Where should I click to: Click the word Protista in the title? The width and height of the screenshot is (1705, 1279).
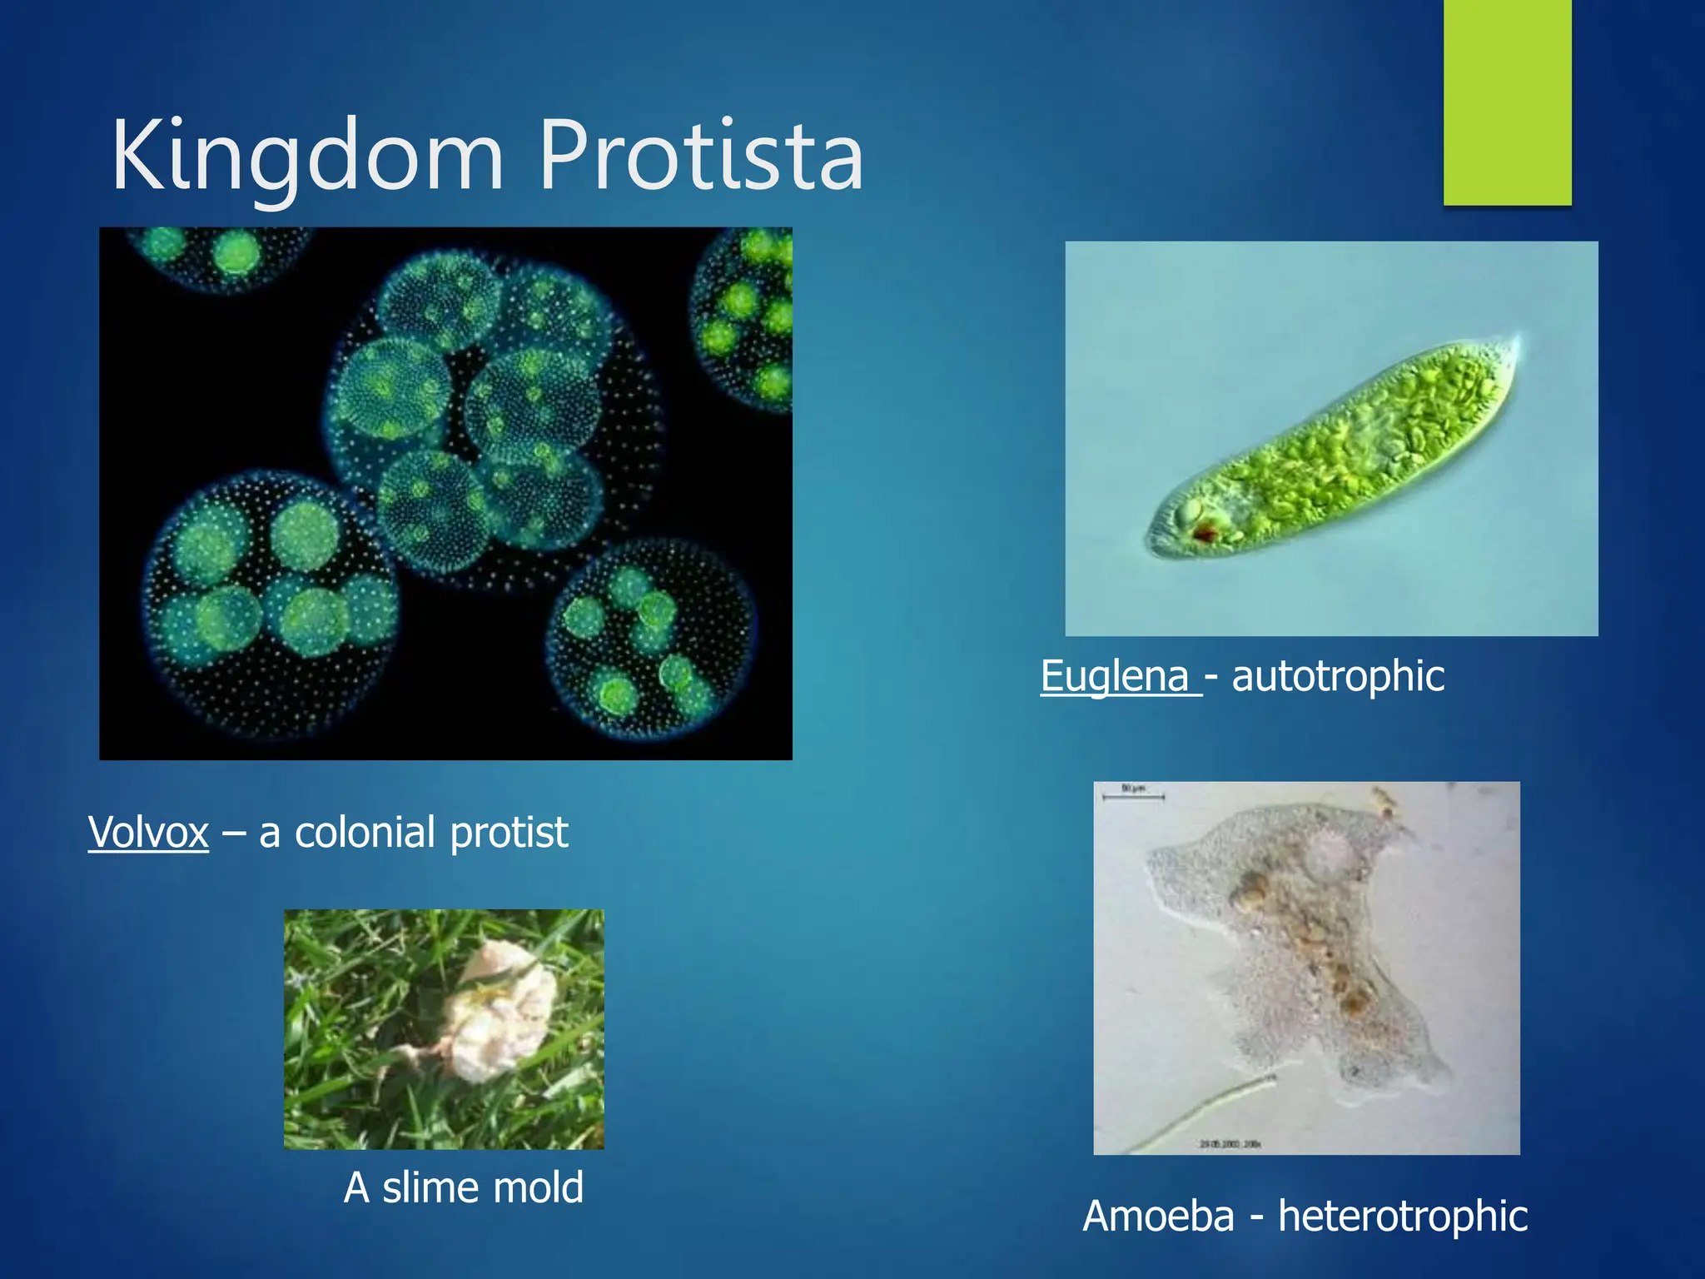701,157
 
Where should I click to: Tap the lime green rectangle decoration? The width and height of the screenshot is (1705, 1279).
1507,102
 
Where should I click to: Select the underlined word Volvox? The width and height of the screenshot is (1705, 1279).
148,833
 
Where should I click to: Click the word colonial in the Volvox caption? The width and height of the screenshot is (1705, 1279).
365,833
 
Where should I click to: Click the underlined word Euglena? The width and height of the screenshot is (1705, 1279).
1115,675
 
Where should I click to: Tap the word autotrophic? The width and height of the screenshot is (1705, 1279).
1338,676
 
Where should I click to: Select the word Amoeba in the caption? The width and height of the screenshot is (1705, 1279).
1158,1216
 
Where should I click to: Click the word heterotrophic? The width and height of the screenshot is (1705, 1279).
1403,1217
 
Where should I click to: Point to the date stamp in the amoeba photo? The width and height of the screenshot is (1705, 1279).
1230,1144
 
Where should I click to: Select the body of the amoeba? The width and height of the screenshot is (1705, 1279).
1299,941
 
